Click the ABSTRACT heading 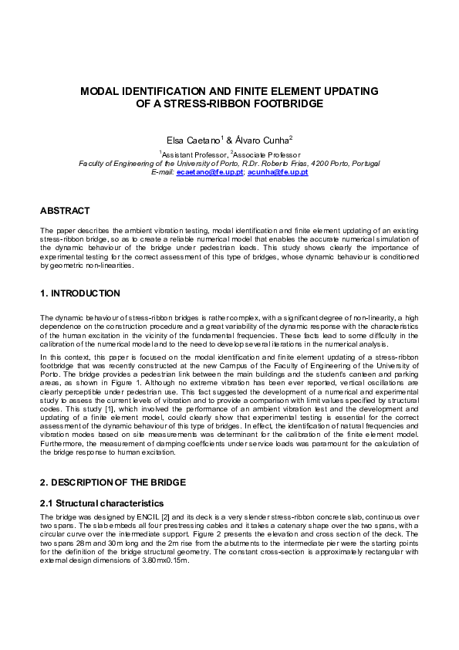(65, 211)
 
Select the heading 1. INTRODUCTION (79, 293)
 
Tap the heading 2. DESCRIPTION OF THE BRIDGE (113, 482)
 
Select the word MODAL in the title (103, 91)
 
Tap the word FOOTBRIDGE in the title (285, 103)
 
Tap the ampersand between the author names (229, 140)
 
